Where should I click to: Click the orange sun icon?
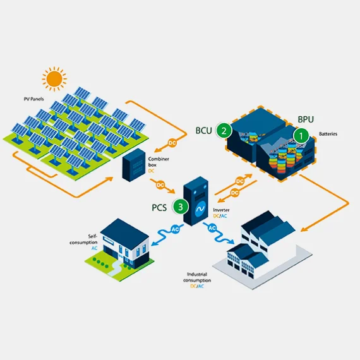pyautogui.click(x=54, y=79)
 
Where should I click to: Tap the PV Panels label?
pyautogui.click(x=33, y=99)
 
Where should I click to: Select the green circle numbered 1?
pyautogui.click(x=301, y=136)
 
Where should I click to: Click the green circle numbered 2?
pyautogui.click(x=224, y=130)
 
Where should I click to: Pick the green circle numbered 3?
pyautogui.click(x=181, y=207)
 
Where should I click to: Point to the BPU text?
pyautogui.click(x=306, y=119)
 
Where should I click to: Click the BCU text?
pyautogui.click(x=203, y=130)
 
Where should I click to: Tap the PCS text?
pyautogui.click(x=159, y=208)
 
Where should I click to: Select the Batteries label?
pyautogui.click(x=328, y=134)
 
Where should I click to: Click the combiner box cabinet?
pyautogui.click(x=134, y=165)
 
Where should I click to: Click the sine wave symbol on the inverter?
pyautogui.click(x=200, y=209)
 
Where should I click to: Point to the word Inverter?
pyautogui.click(x=221, y=210)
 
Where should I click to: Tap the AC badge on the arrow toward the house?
pyautogui.click(x=175, y=229)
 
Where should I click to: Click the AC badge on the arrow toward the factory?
pyautogui.click(x=212, y=228)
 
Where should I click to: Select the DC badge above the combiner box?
pyautogui.click(x=172, y=143)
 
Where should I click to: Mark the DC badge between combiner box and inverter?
pyautogui.click(x=160, y=185)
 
